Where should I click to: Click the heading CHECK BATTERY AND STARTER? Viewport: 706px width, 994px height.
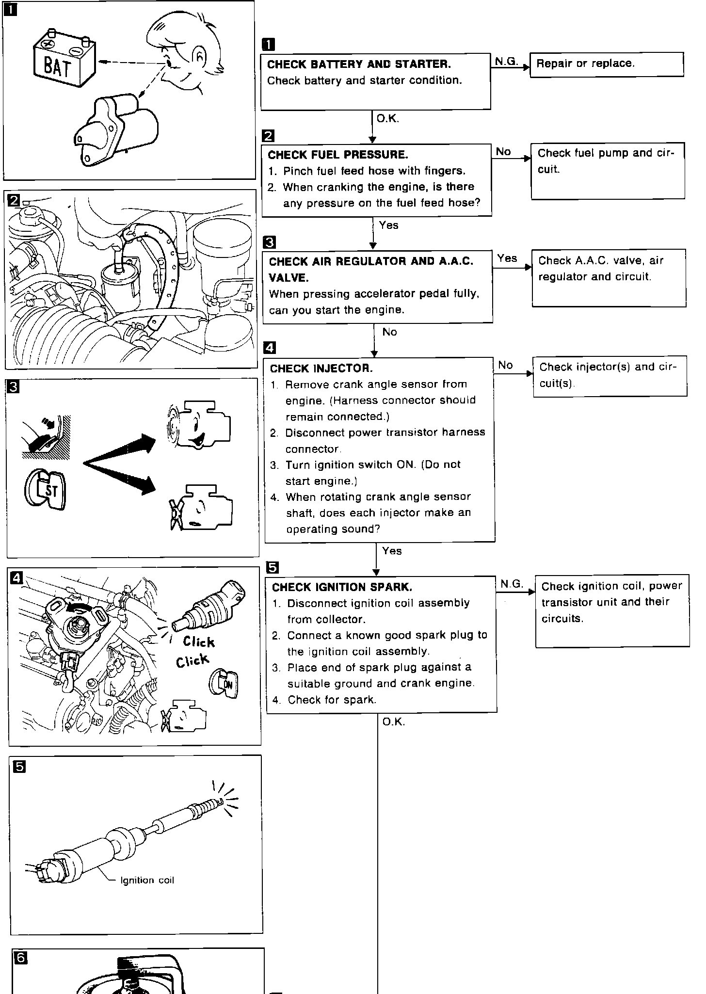359,64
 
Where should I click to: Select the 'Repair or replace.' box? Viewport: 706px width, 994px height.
606,64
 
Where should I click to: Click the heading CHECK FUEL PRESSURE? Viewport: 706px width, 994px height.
337,155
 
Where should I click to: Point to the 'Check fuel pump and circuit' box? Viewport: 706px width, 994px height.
608,170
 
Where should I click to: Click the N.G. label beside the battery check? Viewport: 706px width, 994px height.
506,61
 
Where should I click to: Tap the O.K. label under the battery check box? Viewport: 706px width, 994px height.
388,118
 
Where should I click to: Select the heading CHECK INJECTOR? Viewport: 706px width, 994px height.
321,369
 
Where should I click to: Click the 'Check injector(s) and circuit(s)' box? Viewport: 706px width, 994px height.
610,376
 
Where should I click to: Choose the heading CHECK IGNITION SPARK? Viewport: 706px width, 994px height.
342,587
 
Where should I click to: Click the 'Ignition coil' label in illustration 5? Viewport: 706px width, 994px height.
147,880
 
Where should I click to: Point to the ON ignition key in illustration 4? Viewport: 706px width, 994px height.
225,684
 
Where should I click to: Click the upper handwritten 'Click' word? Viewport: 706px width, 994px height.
199,641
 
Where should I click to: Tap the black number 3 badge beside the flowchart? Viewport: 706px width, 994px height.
269,242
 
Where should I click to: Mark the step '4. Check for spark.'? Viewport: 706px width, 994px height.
332,700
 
